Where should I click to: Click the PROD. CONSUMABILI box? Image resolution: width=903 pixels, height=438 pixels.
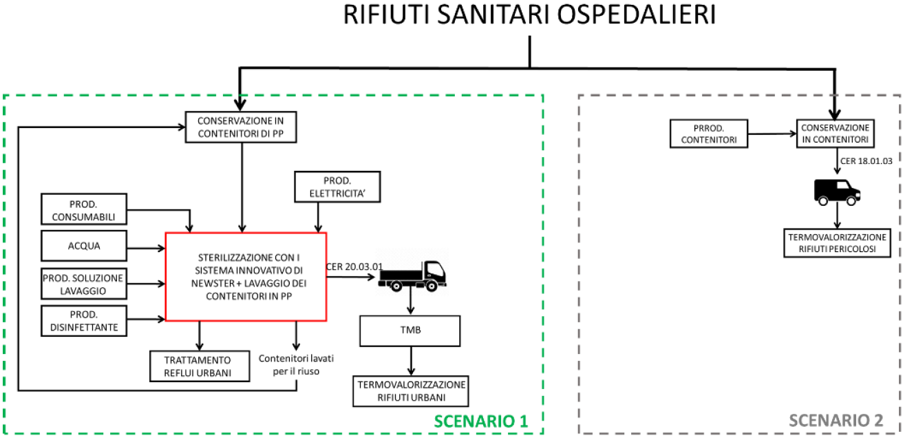pyautogui.click(x=85, y=209)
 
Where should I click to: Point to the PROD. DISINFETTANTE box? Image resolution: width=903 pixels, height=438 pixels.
pyautogui.click(x=85, y=320)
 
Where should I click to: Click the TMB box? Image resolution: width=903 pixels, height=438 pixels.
pyautogui.click(x=411, y=331)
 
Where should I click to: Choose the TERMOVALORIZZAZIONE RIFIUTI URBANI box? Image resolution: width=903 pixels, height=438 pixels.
pyautogui.click(x=411, y=390)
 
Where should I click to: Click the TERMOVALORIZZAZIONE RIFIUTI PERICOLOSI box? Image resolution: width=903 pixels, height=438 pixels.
pyautogui.click(x=838, y=243)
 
